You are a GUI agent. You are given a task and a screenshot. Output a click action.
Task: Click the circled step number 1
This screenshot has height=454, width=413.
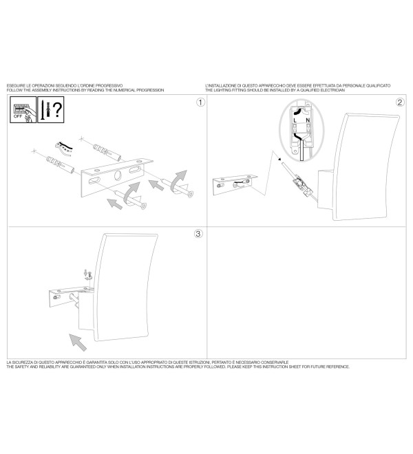[200, 102]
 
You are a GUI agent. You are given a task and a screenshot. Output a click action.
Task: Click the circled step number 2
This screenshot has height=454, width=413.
[400, 102]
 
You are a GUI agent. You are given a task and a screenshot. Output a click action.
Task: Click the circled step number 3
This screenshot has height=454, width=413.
[198, 234]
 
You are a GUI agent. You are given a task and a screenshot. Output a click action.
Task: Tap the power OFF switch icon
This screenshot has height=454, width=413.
[23, 110]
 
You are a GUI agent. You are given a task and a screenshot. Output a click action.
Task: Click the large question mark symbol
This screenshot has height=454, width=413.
[58, 109]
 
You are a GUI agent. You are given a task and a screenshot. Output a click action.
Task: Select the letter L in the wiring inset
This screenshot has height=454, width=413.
[295, 120]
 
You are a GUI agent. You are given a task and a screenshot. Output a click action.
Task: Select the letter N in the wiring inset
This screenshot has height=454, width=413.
[308, 120]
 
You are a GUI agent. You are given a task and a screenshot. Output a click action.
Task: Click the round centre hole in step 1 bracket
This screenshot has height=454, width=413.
[118, 175]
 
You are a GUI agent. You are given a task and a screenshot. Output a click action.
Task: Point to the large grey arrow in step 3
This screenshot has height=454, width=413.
[78, 343]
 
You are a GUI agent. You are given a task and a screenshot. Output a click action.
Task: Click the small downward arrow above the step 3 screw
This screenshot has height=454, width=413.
[85, 273]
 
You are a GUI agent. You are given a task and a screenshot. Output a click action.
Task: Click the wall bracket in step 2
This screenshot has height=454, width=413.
[235, 184]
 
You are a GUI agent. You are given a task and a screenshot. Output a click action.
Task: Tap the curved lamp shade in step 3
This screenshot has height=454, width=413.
[125, 288]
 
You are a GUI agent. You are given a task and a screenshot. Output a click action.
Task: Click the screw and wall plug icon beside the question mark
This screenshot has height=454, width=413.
[45, 109]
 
